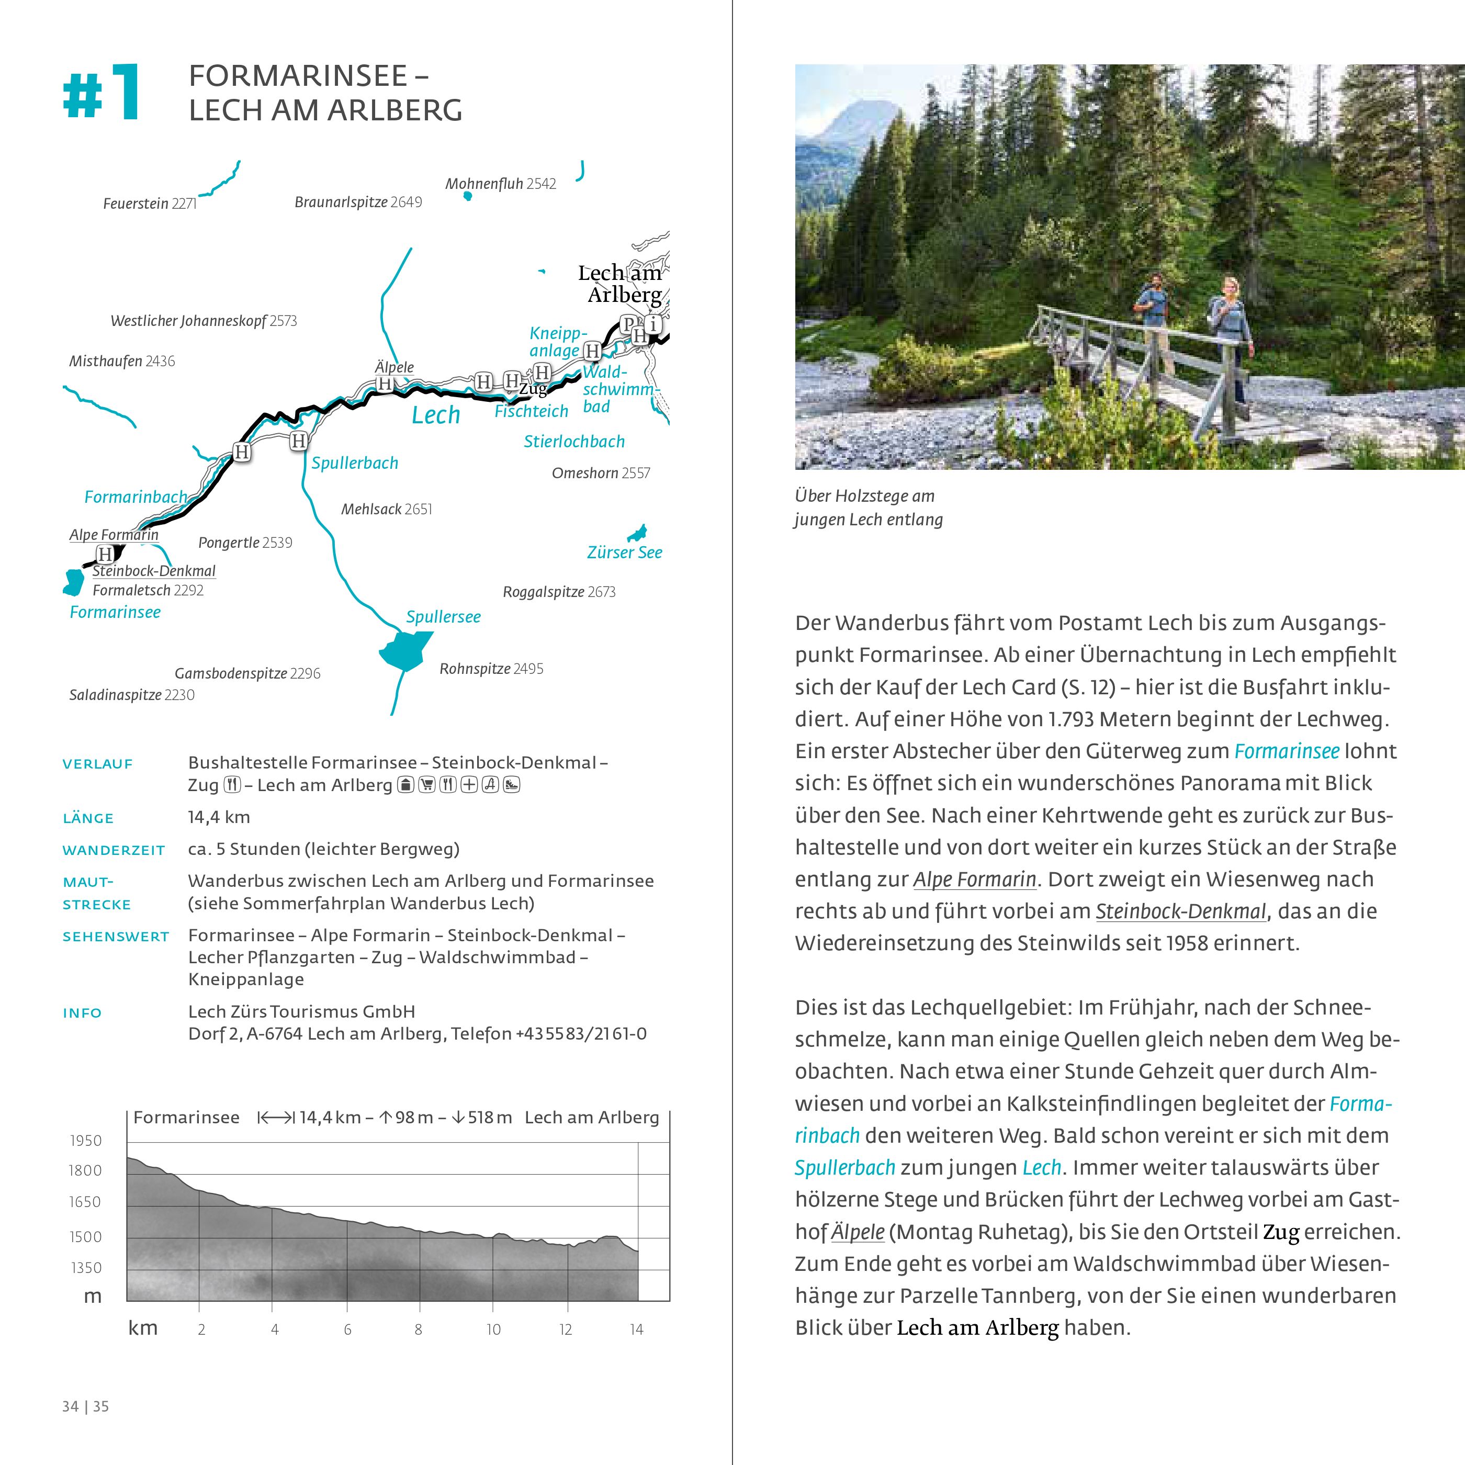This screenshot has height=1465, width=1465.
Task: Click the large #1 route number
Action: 101,93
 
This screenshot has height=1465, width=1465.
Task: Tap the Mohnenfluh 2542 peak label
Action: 501,184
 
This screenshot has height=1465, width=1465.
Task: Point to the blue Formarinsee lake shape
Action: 74,582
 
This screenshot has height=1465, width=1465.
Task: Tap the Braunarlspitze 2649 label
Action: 358,202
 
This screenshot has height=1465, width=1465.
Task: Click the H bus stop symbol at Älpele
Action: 385,384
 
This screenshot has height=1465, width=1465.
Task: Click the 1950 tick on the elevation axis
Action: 86,1141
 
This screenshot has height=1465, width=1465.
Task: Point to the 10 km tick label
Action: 493,1329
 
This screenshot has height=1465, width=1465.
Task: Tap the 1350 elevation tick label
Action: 86,1267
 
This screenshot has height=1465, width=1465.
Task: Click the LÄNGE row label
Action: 88,818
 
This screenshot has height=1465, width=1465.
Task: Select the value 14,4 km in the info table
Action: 218,817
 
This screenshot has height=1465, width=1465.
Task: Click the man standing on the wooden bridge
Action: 1153,330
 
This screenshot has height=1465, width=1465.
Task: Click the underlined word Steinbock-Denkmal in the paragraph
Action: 1181,911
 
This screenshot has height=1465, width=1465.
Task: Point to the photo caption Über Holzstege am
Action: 864,496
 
